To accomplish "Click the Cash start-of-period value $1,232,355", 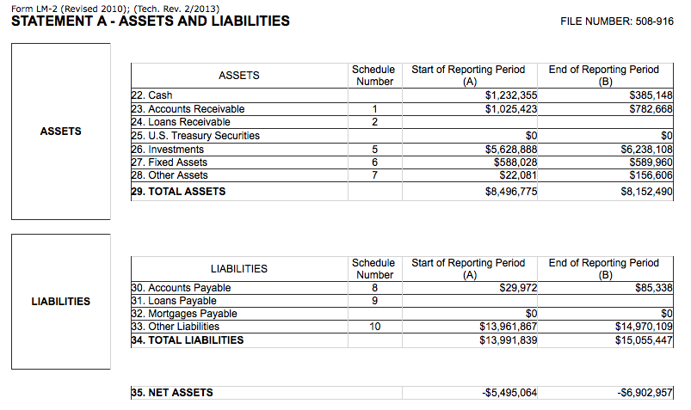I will pyautogui.click(x=511, y=95).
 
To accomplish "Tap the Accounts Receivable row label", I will pyautogui.click(x=196, y=109).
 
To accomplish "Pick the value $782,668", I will pyautogui.click(x=651, y=109).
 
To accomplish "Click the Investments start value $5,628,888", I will pyautogui.click(x=511, y=150).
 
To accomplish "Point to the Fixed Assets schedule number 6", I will pyautogui.click(x=374, y=162).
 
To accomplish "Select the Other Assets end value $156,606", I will pyautogui.click(x=651, y=175).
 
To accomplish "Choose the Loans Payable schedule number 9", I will pyautogui.click(x=374, y=301).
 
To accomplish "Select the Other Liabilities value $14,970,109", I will pyautogui.click(x=644, y=327).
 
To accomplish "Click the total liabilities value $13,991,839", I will pyautogui.click(x=508, y=340).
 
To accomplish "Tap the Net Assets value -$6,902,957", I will pyautogui.click(x=645, y=393).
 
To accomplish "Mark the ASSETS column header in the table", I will pyautogui.click(x=239, y=76).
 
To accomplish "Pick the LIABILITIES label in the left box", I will pyautogui.click(x=60, y=302).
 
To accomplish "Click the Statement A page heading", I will pyautogui.click(x=150, y=21).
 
